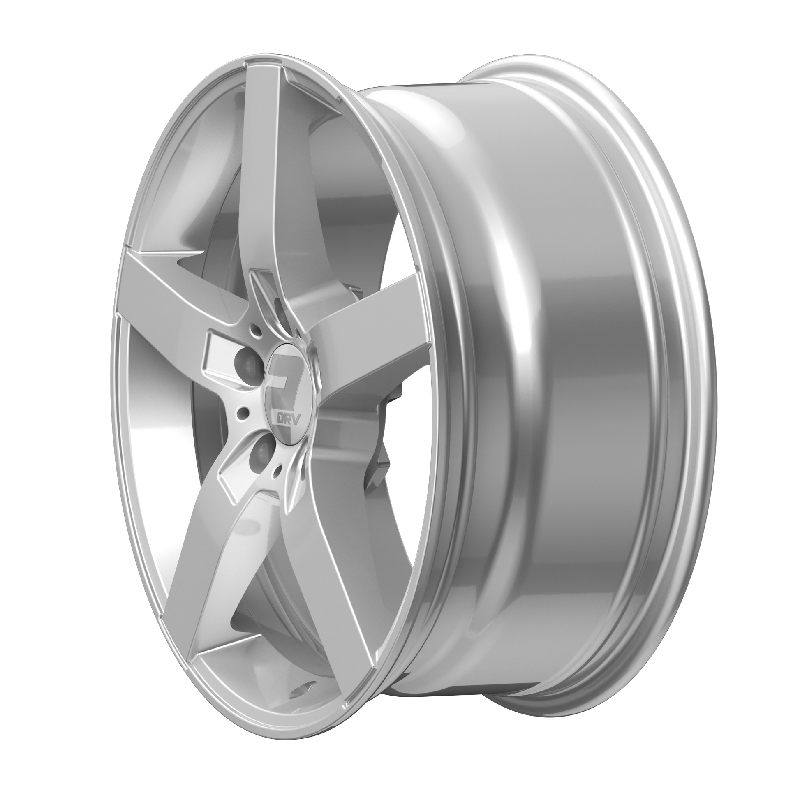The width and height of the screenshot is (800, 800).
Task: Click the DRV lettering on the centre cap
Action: coord(281,416)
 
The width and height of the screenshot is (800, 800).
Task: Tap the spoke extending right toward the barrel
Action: coord(364,331)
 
